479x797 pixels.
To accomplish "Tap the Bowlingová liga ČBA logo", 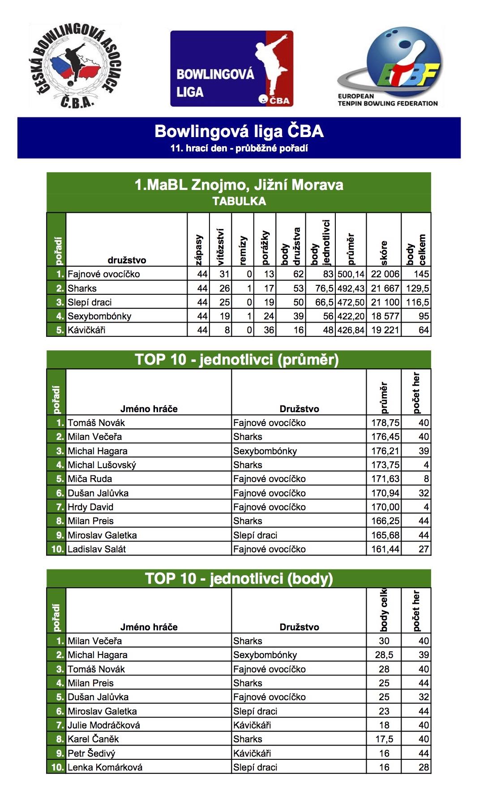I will click(231, 69).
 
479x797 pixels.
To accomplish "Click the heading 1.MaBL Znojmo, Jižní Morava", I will click(239, 185).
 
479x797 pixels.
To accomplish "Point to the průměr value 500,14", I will click(351, 274).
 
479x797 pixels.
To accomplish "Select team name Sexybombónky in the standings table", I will click(99, 316).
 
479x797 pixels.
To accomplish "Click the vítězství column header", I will click(220, 246).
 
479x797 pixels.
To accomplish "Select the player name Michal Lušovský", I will click(102, 465).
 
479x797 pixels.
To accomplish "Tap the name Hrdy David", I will click(90, 507).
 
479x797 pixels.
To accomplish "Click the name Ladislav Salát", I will click(97, 549).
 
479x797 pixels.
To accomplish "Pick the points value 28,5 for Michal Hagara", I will click(384, 655).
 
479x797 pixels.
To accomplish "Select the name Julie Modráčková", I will click(104, 725).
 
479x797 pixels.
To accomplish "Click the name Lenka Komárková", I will click(105, 767).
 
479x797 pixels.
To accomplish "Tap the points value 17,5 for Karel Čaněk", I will click(384, 739).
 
